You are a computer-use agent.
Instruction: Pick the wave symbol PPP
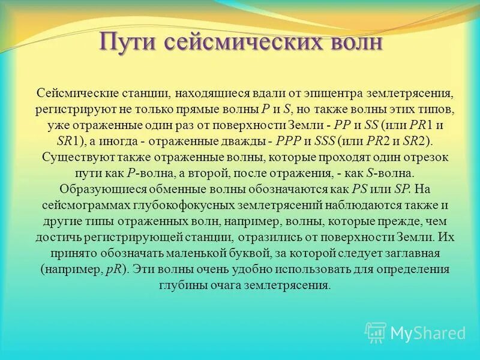pyautogui.click(x=289, y=142)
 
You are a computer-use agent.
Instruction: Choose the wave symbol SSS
pyautogui.click(x=325, y=142)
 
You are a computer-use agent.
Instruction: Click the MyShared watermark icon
pyautogui.click(x=376, y=332)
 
